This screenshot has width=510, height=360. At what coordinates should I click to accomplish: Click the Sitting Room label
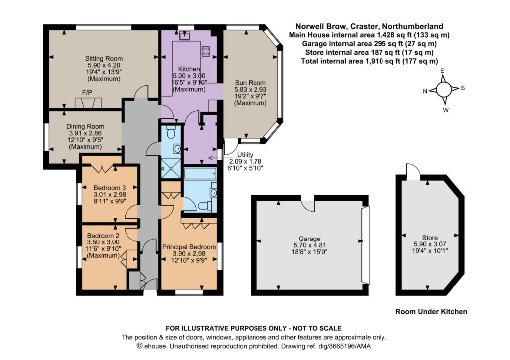click(x=104, y=59)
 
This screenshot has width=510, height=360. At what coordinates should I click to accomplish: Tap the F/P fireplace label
click(x=87, y=92)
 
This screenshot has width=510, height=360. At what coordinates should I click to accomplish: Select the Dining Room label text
click(x=85, y=126)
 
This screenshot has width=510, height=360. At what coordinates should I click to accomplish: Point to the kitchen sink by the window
click(x=185, y=35)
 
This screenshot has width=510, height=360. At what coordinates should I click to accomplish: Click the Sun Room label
click(x=250, y=83)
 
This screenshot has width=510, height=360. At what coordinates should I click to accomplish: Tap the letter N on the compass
click(x=425, y=92)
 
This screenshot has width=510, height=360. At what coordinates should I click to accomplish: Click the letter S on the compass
click(x=463, y=88)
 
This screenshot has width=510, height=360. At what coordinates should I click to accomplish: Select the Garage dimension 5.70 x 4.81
click(x=309, y=245)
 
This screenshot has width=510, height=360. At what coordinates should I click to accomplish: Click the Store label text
click(x=430, y=238)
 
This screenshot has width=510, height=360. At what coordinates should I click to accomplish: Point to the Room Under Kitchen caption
click(x=431, y=312)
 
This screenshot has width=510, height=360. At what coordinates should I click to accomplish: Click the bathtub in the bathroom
click(x=200, y=173)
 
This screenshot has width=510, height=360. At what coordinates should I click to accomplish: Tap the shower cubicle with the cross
click(x=171, y=169)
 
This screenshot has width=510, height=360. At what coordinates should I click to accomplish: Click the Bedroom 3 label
click(x=109, y=188)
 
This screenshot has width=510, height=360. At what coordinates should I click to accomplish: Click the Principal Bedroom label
click(x=189, y=247)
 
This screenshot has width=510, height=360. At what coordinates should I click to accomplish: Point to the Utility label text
click(x=245, y=155)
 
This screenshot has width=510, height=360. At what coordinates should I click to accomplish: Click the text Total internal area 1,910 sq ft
click(x=351, y=61)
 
